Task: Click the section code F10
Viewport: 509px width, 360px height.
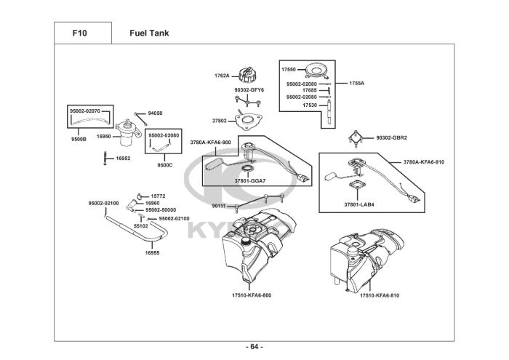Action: pyautogui.click(x=79, y=33)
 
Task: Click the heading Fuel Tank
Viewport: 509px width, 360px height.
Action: pyautogui.click(x=149, y=33)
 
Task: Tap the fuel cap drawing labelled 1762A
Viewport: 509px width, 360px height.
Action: pyautogui.click(x=247, y=75)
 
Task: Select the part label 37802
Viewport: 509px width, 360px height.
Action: pyautogui.click(x=220, y=121)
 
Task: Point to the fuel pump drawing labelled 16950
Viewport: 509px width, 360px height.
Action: pyautogui.click(x=128, y=132)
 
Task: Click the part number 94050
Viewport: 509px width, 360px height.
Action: pyautogui.click(x=155, y=113)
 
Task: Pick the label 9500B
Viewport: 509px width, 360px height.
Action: pyautogui.click(x=79, y=139)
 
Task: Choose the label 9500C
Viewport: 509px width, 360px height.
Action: pyautogui.click(x=165, y=165)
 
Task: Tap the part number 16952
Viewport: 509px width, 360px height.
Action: pyautogui.click(x=123, y=159)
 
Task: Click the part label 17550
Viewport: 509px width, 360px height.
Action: pyautogui.click(x=289, y=70)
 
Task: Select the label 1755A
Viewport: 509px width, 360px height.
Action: pyautogui.click(x=357, y=84)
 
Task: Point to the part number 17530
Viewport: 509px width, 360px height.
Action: pyautogui.click(x=310, y=105)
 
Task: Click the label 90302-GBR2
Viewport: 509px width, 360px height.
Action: pyautogui.click(x=391, y=137)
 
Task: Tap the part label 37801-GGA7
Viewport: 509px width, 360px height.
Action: pyautogui.click(x=250, y=181)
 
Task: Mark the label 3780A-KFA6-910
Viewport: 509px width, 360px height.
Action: pyautogui.click(x=424, y=162)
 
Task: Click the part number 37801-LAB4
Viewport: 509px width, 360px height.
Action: pyautogui.click(x=359, y=205)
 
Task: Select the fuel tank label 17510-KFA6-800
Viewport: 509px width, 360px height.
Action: pyautogui.click(x=252, y=295)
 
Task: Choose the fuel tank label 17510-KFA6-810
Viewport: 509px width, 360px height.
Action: pyautogui.click(x=380, y=296)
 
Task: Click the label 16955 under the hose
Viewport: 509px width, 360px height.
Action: pyautogui.click(x=152, y=253)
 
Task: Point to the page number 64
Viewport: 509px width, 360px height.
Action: pyautogui.click(x=254, y=347)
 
